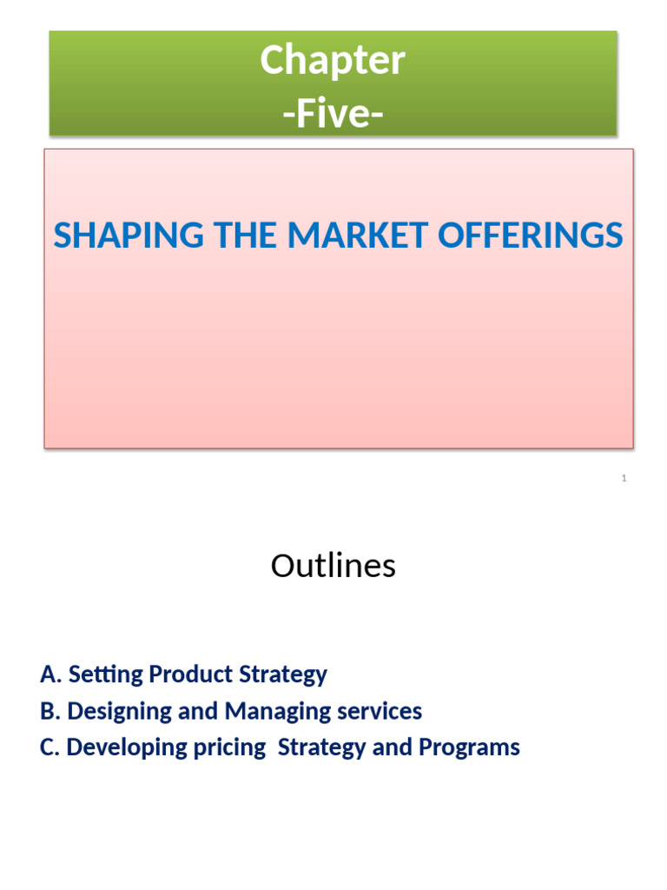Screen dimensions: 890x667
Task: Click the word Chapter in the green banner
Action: pyautogui.click(x=333, y=61)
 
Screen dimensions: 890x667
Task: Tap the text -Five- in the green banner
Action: pyautogui.click(x=333, y=113)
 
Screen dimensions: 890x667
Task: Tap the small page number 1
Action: pyautogui.click(x=624, y=478)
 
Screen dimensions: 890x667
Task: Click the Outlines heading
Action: pyautogui.click(x=333, y=566)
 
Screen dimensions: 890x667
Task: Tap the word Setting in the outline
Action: pyautogui.click(x=105, y=674)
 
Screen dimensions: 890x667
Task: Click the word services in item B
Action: pyautogui.click(x=374, y=711)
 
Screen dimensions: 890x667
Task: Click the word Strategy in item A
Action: pyautogui.click(x=283, y=674)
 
